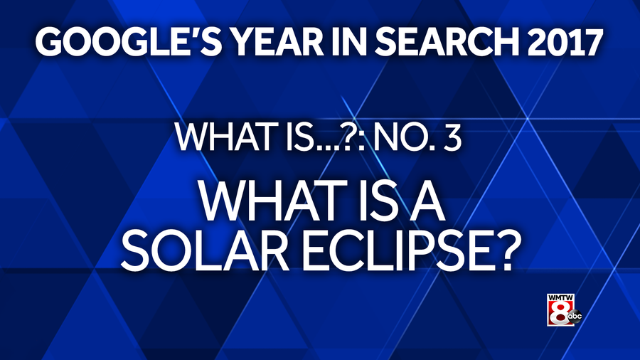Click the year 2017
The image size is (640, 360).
[566, 43]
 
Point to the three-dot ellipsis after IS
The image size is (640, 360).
[326, 147]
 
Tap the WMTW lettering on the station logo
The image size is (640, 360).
[561, 297]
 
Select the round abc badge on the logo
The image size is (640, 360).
[575, 317]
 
